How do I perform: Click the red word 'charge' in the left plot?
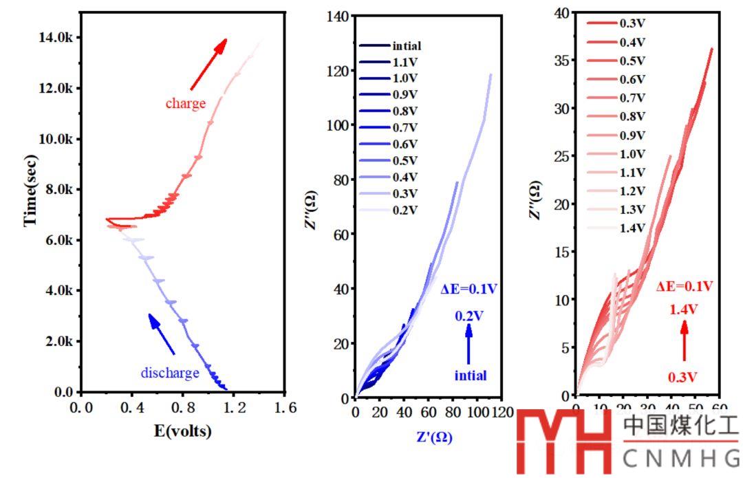(x=185, y=104)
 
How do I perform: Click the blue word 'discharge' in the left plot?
(x=170, y=373)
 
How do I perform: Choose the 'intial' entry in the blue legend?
(x=406, y=46)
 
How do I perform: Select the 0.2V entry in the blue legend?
(x=405, y=210)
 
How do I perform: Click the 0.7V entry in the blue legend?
(x=405, y=128)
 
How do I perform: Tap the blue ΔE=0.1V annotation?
(x=469, y=290)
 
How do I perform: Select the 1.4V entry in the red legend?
(x=632, y=228)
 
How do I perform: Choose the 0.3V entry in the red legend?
(x=632, y=23)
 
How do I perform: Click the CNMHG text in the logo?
(x=680, y=458)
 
